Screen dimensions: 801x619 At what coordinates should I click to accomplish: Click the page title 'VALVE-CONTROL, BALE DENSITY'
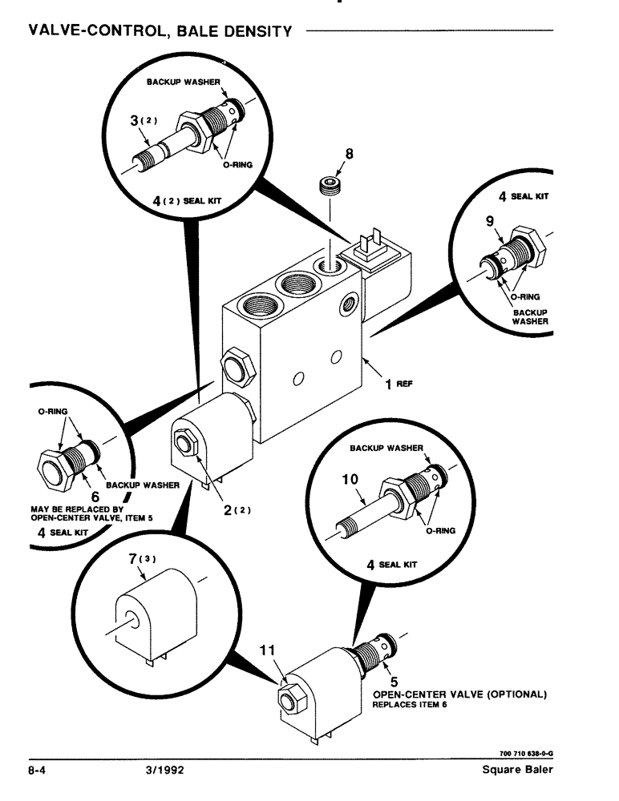160,31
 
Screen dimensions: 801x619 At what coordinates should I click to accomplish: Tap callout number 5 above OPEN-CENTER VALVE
383,681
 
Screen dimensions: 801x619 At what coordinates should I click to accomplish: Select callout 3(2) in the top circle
141,123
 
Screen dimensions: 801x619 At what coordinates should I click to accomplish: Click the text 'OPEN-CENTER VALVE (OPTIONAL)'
459,694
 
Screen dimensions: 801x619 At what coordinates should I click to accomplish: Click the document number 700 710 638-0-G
521,753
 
